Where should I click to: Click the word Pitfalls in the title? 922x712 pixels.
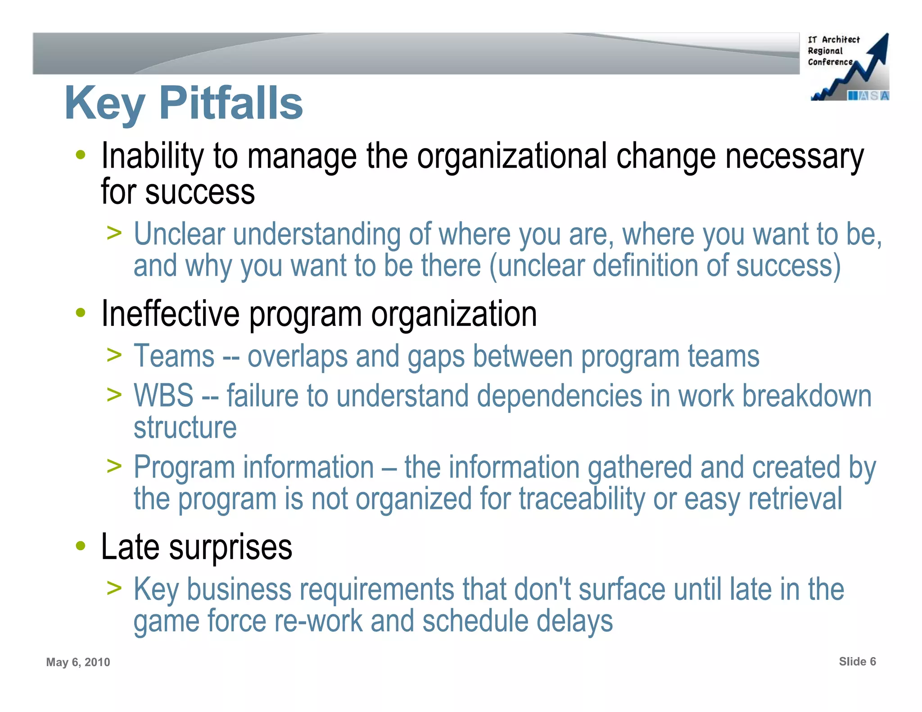tap(231, 104)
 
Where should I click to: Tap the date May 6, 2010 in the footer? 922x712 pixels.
tap(78, 662)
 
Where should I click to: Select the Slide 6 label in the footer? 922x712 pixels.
tap(857, 661)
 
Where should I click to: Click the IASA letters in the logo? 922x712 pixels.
tap(868, 95)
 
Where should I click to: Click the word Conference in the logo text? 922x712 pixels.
tap(830, 62)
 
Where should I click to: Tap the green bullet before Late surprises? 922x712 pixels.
tap(81, 546)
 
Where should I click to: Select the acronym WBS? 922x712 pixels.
tap(163, 396)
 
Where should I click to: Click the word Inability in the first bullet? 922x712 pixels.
tap(153, 156)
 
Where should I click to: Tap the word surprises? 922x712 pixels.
tap(230, 547)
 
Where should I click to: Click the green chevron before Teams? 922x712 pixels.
tap(114, 355)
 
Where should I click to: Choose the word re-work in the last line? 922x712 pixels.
tap(318, 621)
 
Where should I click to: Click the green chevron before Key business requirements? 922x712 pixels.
tap(114, 588)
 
